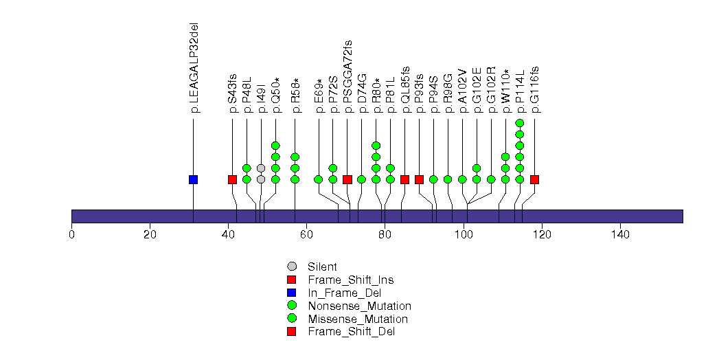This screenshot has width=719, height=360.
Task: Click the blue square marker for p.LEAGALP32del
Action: pyautogui.click(x=193, y=179)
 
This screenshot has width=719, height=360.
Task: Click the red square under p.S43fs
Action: pyautogui.click(x=232, y=179)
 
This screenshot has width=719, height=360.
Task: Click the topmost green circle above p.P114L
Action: pyautogui.click(x=520, y=123)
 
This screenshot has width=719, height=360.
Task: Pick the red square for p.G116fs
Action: pyautogui.click(x=534, y=179)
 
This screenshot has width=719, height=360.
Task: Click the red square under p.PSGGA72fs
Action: pyautogui.click(x=347, y=179)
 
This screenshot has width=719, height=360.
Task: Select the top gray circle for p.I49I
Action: pyautogui.click(x=261, y=168)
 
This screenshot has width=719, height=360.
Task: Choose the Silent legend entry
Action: pyautogui.click(x=321, y=267)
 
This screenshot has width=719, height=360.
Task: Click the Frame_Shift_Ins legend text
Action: pyautogui.click(x=351, y=280)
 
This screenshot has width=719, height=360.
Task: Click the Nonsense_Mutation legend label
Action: pyautogui.click(x=359, y=306)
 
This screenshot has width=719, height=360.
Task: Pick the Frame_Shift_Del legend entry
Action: pyautogui.click(x=351, y=332)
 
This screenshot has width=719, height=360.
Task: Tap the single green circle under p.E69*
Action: pyautogui.click(x=319, y=179)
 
